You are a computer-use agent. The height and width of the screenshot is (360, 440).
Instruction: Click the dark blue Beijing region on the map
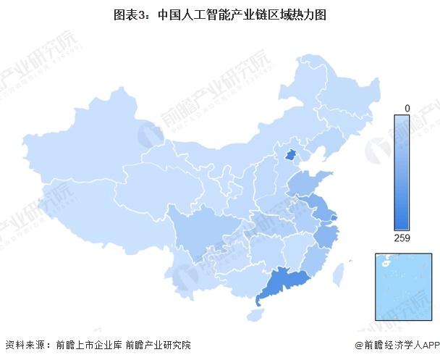[x=291, y=155]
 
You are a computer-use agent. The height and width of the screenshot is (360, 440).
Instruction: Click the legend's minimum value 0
[x=407, y=108]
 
